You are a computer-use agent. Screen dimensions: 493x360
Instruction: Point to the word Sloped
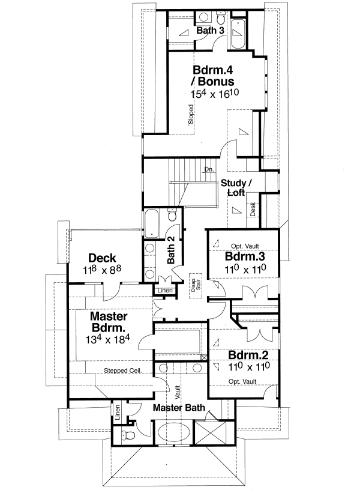[191, 115]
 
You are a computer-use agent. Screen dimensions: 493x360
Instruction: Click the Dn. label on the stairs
[208, 170]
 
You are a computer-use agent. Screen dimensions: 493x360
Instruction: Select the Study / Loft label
[237, 187]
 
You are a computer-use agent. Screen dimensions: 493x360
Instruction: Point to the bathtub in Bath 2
[151, 222]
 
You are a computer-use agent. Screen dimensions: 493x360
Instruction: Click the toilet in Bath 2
[172, 215]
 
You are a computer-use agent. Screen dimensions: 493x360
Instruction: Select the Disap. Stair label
[194, 283]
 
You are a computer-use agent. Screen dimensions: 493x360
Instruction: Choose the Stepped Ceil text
[122, 371]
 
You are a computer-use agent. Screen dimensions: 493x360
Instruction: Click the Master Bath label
[178, 408]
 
